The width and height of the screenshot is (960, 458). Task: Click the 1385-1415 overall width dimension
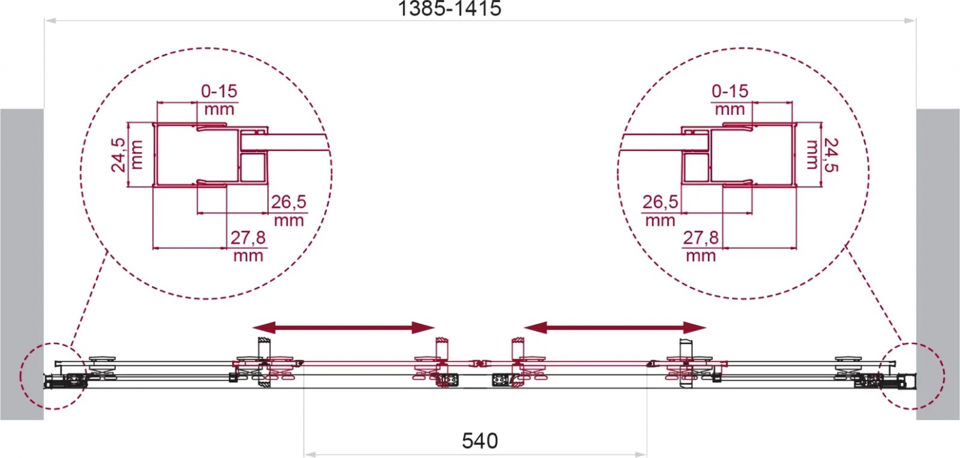point(450,9)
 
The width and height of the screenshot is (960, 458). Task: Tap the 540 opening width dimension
point(480,441)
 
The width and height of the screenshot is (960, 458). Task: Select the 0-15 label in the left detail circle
point(219,91)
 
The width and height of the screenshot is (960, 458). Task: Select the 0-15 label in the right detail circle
point(730,91)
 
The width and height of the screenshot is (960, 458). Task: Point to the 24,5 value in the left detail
point(118,155)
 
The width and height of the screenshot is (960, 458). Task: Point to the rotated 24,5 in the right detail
point(831,155)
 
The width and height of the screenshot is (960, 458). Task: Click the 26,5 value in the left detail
point(289,202)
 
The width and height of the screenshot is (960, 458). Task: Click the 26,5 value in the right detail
point(660,202)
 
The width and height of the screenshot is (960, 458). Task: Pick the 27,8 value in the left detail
point(248,237)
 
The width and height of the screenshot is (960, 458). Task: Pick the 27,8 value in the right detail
point(700,237)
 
